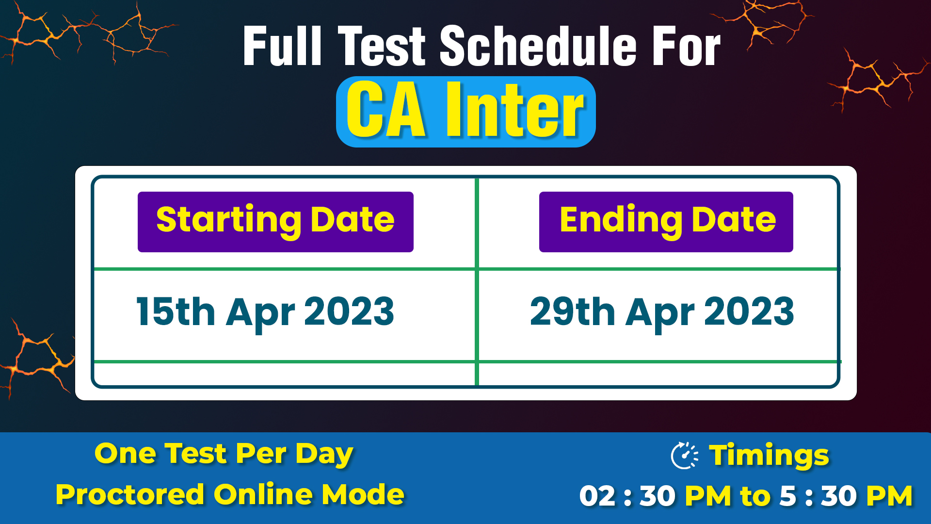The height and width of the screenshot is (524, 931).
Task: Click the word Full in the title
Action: [283, 46]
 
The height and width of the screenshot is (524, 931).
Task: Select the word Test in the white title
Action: [382, 46]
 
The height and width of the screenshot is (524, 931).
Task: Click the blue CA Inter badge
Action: [465, 112]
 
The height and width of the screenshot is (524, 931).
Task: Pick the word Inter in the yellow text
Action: [514, 110]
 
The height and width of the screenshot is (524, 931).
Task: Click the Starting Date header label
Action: [275, 222]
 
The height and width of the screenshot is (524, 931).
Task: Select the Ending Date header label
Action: [666, 222]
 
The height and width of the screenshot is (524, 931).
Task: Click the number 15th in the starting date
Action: [176, 311]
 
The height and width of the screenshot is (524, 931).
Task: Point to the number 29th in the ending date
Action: [573, 311]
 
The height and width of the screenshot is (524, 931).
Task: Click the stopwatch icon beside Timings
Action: [684, 456]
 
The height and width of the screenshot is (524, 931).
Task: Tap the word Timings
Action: [769, 456]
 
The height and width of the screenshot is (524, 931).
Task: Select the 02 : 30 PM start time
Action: [656, 496]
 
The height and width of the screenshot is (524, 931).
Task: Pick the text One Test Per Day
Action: [224, 455]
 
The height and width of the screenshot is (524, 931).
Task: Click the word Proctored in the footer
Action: [130, 495]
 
